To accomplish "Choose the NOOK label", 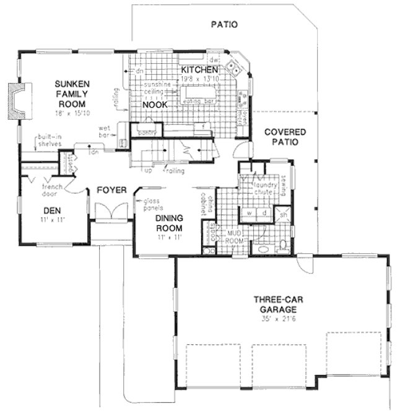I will pyautogui.click(x=152, y=105).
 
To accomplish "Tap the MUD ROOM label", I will pyautogui.click(x=233, y=235).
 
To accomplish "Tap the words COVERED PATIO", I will pyautogui.click(x=282, y=137).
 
